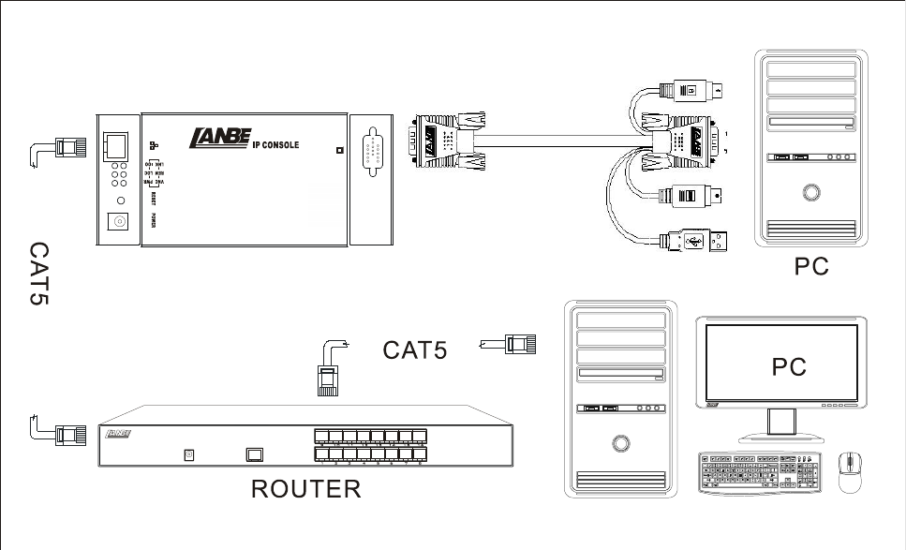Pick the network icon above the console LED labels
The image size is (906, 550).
point(153,146)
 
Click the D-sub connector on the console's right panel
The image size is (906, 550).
point(373,150)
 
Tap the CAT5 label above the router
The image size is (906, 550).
point(415,350)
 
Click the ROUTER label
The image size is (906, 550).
point(305,489)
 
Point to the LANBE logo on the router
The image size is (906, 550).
point(119,434)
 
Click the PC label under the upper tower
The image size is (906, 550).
point(811,267)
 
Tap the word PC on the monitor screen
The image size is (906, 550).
point(789,368)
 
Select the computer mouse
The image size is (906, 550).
point(850,471)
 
